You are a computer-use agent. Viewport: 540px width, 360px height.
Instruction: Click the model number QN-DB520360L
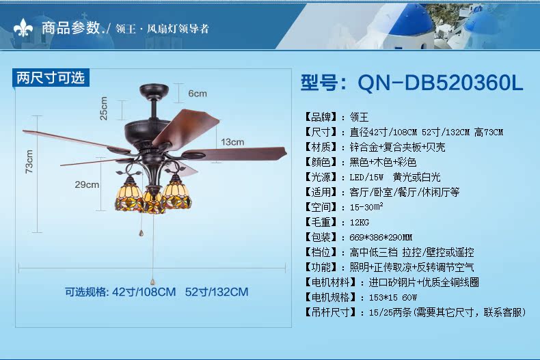[440, 83]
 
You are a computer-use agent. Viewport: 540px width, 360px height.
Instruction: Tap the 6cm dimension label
[198, 94]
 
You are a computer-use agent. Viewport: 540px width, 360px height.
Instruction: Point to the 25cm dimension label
[103, 109]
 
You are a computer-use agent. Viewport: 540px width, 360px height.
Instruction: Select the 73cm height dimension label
[29, 162]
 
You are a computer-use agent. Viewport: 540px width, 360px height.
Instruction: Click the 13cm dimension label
[232, 142]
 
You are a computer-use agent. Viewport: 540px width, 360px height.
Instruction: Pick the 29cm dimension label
[87, 184]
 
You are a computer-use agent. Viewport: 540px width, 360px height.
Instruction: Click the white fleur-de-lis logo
[23, 27]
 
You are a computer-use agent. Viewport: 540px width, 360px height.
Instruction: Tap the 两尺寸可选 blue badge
[51, 78]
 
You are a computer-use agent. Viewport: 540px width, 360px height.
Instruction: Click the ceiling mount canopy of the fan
[154, 91]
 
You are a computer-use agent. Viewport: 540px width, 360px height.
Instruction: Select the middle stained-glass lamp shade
[153, 202]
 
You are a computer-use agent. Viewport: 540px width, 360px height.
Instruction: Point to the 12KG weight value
[359, 222]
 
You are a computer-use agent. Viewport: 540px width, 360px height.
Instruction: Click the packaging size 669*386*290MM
[381, 238]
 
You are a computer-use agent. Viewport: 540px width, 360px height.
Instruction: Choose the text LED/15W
[366, 177]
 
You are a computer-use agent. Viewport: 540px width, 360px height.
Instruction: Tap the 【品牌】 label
[321, 117]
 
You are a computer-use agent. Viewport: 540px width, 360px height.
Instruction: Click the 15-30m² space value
[366, 207]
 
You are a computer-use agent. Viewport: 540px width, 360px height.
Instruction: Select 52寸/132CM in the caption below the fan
[217, 292]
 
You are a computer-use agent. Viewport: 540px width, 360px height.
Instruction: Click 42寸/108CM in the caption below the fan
[144, 292]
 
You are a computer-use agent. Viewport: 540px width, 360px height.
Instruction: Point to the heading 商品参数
[71, 27]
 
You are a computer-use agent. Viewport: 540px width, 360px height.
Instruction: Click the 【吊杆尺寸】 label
[330, 312]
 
